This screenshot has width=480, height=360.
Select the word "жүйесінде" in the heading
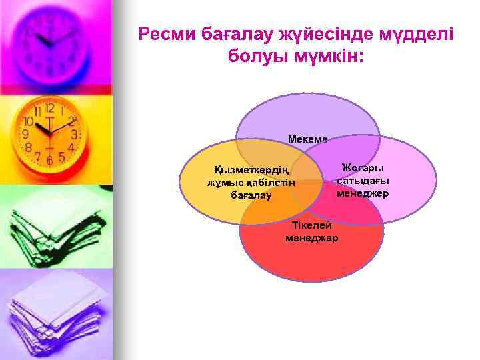click(315, 33)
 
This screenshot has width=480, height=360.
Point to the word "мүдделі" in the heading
click(412, 33)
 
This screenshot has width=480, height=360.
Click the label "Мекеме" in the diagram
click(307, 139)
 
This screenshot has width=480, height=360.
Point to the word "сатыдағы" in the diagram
click(363, 181)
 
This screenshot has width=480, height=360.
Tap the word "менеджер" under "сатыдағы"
click(363, 193)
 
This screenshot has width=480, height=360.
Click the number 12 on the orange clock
click(50, 107)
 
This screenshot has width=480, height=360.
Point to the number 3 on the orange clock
click(74, 134)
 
